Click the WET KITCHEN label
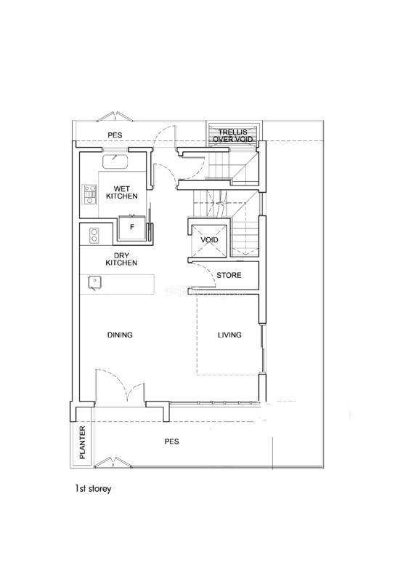click(x=121, y=192)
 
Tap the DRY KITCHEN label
click(x=121, y=259)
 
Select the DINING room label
click(x=120, y=335)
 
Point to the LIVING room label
click(x=229, y=335)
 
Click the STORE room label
click(x=229, y=275)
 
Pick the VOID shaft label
click(x=209, y=240)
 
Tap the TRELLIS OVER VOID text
click(x=233, y=135)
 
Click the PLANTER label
click(x=82, y=442)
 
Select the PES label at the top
click(x=115, y=135)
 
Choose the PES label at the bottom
click(x=171, y=442)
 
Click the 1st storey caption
click(x=93, y=489)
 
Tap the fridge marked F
click(x=132, y=228)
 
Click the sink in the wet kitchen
click(x=115, y=161)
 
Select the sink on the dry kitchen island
click(x=94, y=283)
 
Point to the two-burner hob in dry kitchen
click(x=94, y=236)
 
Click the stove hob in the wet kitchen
click(x=89, y=195)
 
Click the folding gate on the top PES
click(x=116, y=116)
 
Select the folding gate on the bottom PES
click(x=113, y=463)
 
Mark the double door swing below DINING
click(x=120, y=386)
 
